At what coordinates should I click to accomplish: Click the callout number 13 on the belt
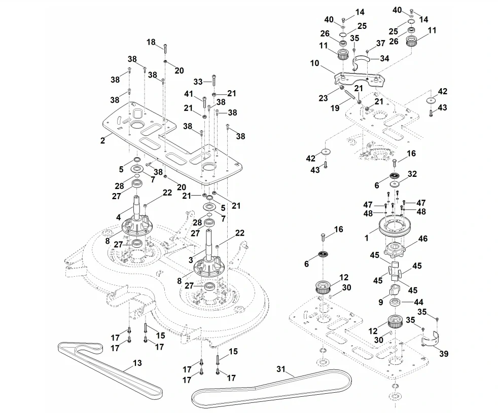137,363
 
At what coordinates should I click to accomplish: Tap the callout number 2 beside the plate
102,140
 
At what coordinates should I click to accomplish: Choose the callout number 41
189,95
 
